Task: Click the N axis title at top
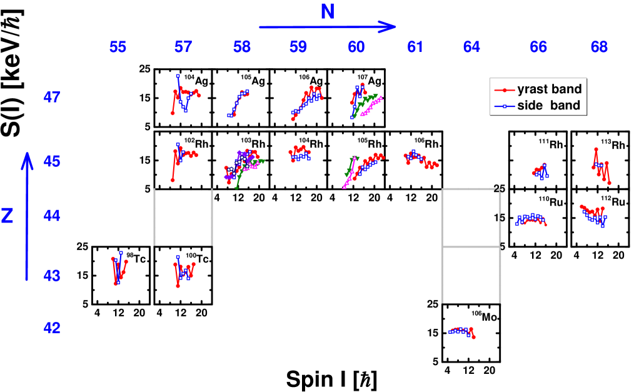point(328,11)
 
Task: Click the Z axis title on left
point(8,216)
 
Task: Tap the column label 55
point(118,47)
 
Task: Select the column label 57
point(183,47)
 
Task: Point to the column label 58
point(242,47)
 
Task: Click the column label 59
point(298,47)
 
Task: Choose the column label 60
point(356,47)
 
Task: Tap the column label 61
point(415,47)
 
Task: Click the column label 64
point(471,47)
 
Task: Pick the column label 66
point(538,47)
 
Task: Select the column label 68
point(599,47)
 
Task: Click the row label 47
point(52,98)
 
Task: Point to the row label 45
point(52,162)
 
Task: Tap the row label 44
point(52,216)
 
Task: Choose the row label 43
point(52,276)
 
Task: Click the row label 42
point(52,328)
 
